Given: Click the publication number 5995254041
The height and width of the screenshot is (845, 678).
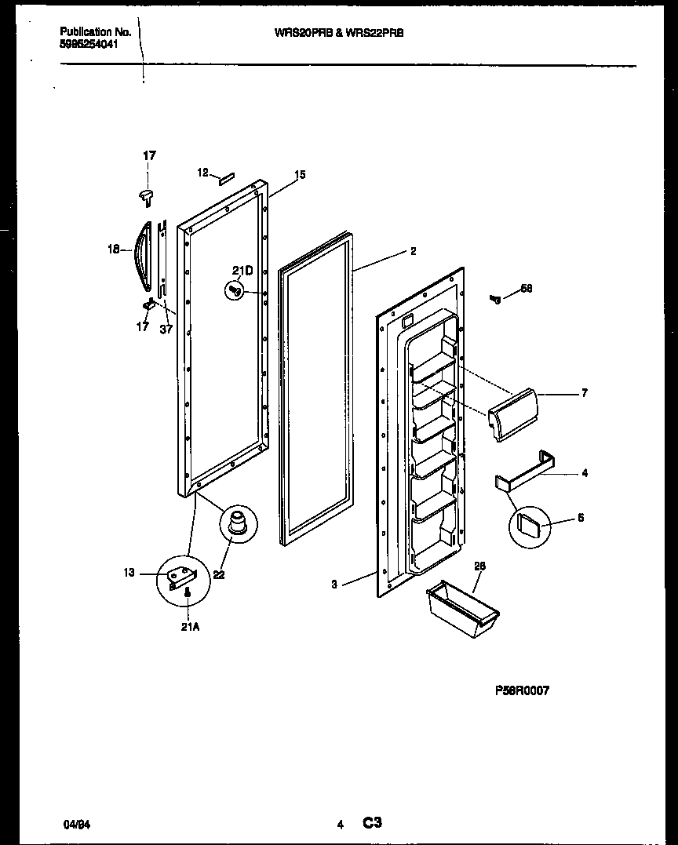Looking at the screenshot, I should click(89, 46).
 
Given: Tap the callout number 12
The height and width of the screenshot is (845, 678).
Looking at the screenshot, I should click(202, 173).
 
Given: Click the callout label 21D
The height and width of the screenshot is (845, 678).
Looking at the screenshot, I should click(242, 271).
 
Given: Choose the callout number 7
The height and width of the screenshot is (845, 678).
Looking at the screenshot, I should click(584, 393).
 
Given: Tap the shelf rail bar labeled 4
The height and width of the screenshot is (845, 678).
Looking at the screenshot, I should click(521, 474).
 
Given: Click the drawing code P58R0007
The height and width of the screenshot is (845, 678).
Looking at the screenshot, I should click(522, 690).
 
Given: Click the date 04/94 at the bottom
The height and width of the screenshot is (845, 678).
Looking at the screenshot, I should click(73, 825).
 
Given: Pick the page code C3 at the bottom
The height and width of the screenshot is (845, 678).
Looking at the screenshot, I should click(372, 823).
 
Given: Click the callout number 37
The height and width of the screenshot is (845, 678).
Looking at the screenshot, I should click(166, 329).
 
